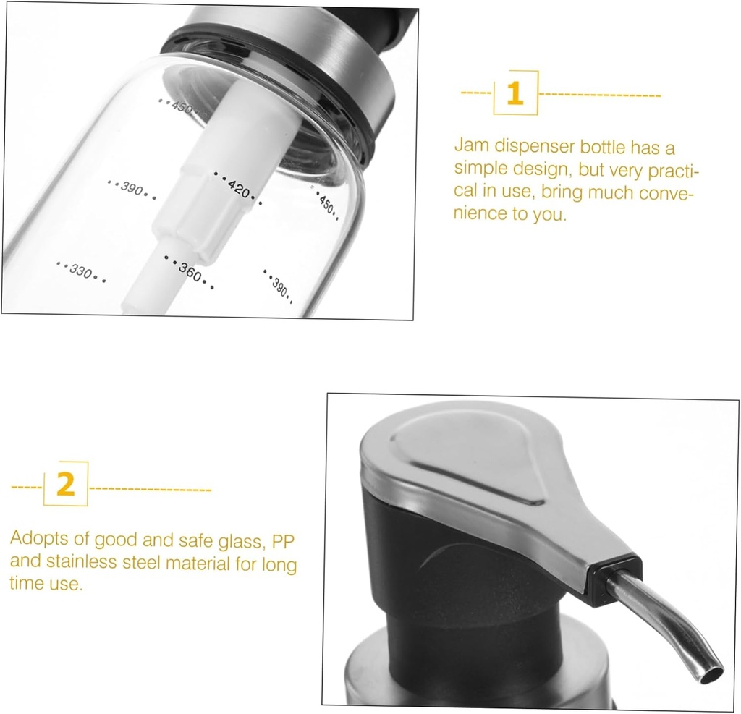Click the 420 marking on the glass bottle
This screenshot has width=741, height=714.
(x=237, y=188)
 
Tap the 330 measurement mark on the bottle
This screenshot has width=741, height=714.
(x=81, y=272)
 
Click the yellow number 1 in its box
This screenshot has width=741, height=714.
(x=515, y=93)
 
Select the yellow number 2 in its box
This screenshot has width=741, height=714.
(x=66, y=484)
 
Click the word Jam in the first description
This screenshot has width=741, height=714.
(x=471, y=145)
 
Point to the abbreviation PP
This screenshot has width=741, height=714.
(x=283, y=540)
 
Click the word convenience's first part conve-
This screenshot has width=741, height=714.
(x=666, y=194)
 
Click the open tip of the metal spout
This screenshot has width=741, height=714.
(x=712, y=675)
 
